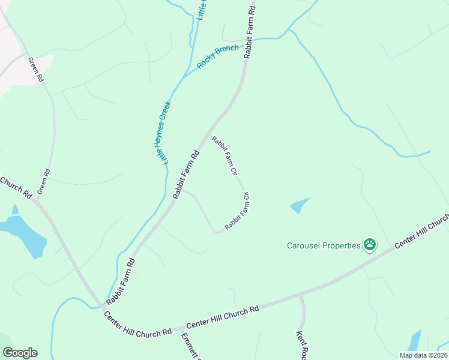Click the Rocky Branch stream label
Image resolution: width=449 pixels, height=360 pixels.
click(x=218, y=57)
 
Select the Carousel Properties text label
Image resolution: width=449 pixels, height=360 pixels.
click(x=323, y=245)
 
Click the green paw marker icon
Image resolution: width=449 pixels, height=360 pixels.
click(x=370, y=245)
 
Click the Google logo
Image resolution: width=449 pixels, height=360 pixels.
click(x=20, y=353)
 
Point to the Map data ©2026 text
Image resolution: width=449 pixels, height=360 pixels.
click(x=423, y=355)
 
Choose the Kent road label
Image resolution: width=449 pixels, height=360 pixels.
click(x=301, y=344)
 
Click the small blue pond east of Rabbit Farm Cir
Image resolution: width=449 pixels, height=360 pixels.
click(x=300, y=205)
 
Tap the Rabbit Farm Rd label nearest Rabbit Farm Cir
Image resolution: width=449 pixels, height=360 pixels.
click(x=185, y=174)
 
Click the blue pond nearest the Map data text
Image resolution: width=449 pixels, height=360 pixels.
click(x=414, y=341)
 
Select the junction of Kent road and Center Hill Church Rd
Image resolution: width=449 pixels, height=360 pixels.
click(x=300, y=296)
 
